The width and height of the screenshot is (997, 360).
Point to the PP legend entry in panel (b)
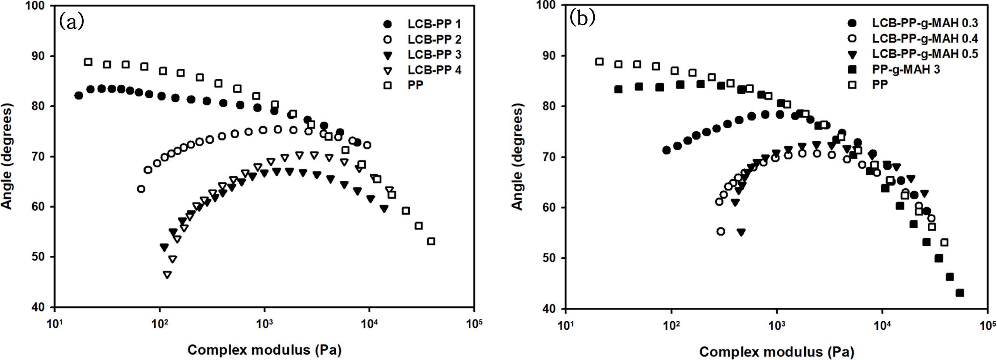coord(880,84)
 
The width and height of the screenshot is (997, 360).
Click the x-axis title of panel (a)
coord(264,350)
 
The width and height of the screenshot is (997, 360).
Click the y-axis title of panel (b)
coord(517,157)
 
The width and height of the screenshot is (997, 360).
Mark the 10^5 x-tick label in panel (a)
coord(474,323)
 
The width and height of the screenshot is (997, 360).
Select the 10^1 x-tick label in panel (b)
coord(566,325)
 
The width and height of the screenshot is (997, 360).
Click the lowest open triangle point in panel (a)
coord(167,275)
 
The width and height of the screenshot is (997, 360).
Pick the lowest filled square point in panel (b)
coord(960,293)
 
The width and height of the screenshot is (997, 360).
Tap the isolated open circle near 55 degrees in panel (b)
coord(721,232)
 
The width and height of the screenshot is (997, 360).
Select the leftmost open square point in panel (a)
coord(88,62)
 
